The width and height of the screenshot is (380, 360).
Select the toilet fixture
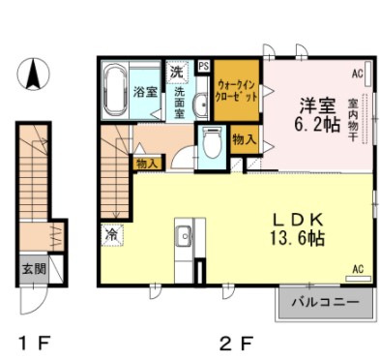coord(212,142)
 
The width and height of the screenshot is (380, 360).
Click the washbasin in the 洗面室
coord(201,104)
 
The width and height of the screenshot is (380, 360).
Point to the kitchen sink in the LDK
coord(185,235)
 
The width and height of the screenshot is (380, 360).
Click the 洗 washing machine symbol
coord(176,73)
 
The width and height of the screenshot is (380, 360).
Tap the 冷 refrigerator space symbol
coord(112,234)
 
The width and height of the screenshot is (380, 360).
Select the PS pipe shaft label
coord(204,67)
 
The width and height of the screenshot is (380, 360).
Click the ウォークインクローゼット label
coord(237,91)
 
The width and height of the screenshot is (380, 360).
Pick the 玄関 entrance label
coord(33,269)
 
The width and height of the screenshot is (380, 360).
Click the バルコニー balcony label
coord(326,303)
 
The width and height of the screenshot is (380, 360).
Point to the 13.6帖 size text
coord(297,238)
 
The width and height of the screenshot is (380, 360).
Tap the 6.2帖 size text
coord(317,124)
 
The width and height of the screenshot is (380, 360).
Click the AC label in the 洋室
coord(358,74)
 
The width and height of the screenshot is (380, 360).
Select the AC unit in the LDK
coord(359,279)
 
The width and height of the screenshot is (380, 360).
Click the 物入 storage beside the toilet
coord(245,139)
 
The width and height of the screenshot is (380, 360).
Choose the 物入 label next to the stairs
coord(147,164)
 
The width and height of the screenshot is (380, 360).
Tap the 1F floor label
coord(34,344)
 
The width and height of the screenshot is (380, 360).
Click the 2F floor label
coord(236,344)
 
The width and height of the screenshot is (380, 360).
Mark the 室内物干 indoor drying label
coord(353,120)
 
